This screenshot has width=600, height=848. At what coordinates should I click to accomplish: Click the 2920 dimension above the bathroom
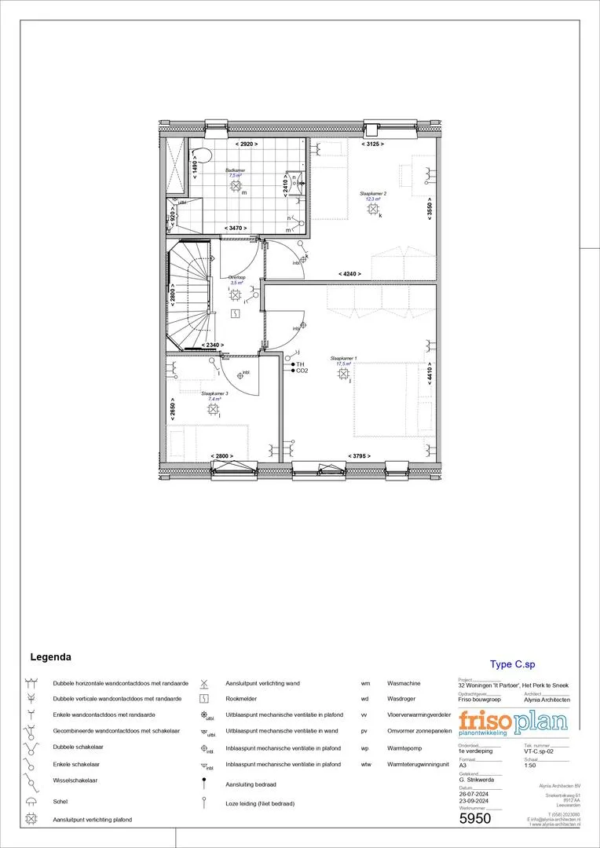(247, 144)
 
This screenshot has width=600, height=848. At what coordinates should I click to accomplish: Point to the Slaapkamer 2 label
(372, 196)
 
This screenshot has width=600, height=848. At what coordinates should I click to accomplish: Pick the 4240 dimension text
(349, 273)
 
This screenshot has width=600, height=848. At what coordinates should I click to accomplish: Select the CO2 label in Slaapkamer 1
(302, 371)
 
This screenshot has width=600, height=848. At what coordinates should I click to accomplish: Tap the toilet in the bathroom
(201, 152)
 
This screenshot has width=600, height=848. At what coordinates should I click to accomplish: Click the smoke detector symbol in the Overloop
(236, 313)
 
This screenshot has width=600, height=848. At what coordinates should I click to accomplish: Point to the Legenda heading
(50, 656)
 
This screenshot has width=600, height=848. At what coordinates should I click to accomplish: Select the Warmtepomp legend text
(404, 748)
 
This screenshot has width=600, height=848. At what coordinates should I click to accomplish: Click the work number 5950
(474, 819)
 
